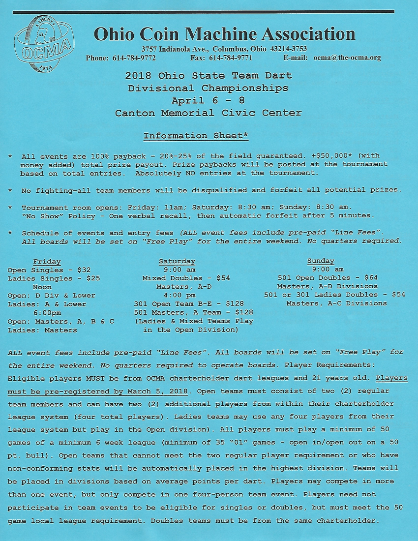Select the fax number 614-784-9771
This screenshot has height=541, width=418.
(x=231, y=58)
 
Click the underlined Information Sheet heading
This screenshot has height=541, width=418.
(x=196, y=136)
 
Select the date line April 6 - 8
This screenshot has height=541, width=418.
(x=208, y=101)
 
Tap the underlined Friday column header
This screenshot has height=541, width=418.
(x=47, y=261)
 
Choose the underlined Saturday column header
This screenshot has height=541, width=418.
(x=177, y=261)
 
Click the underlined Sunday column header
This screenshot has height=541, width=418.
(x=321, y=261)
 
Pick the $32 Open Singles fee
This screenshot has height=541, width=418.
(x=84, y=270)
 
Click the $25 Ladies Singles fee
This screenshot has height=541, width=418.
(x=93, y=278)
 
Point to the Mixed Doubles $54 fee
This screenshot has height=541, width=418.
(x=223, y=278)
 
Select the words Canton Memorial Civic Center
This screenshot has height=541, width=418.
(x=208, y=113)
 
